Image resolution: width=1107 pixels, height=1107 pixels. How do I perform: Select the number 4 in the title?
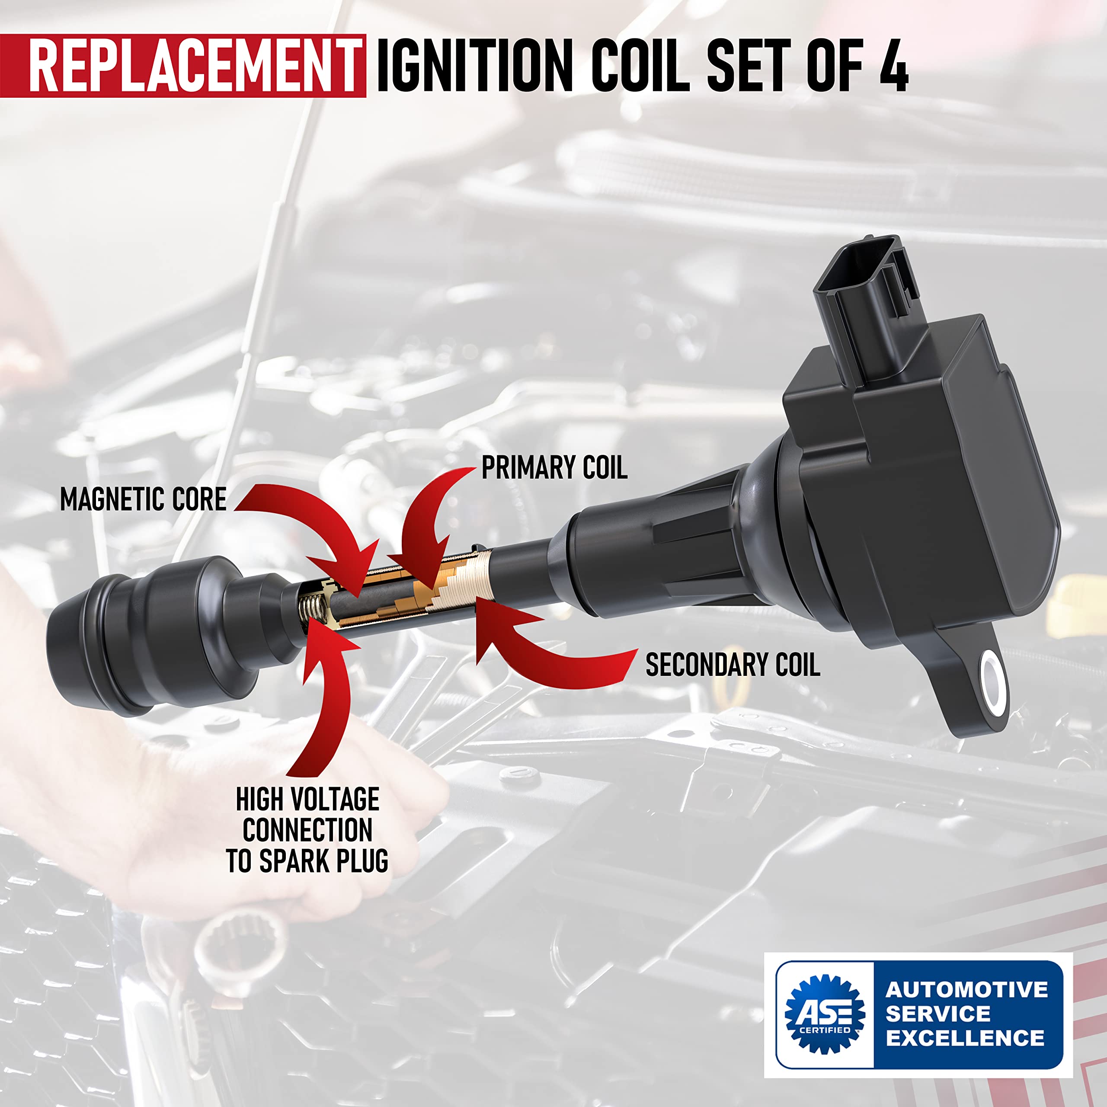click(893, 65)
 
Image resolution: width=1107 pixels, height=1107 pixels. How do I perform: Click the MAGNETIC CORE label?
click(143, 499)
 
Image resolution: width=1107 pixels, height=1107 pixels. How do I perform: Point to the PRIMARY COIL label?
click(554, 468)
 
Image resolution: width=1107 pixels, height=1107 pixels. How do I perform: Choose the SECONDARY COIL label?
click(732, 665)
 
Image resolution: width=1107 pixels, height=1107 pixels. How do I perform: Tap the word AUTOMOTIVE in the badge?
click(966, 989)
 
